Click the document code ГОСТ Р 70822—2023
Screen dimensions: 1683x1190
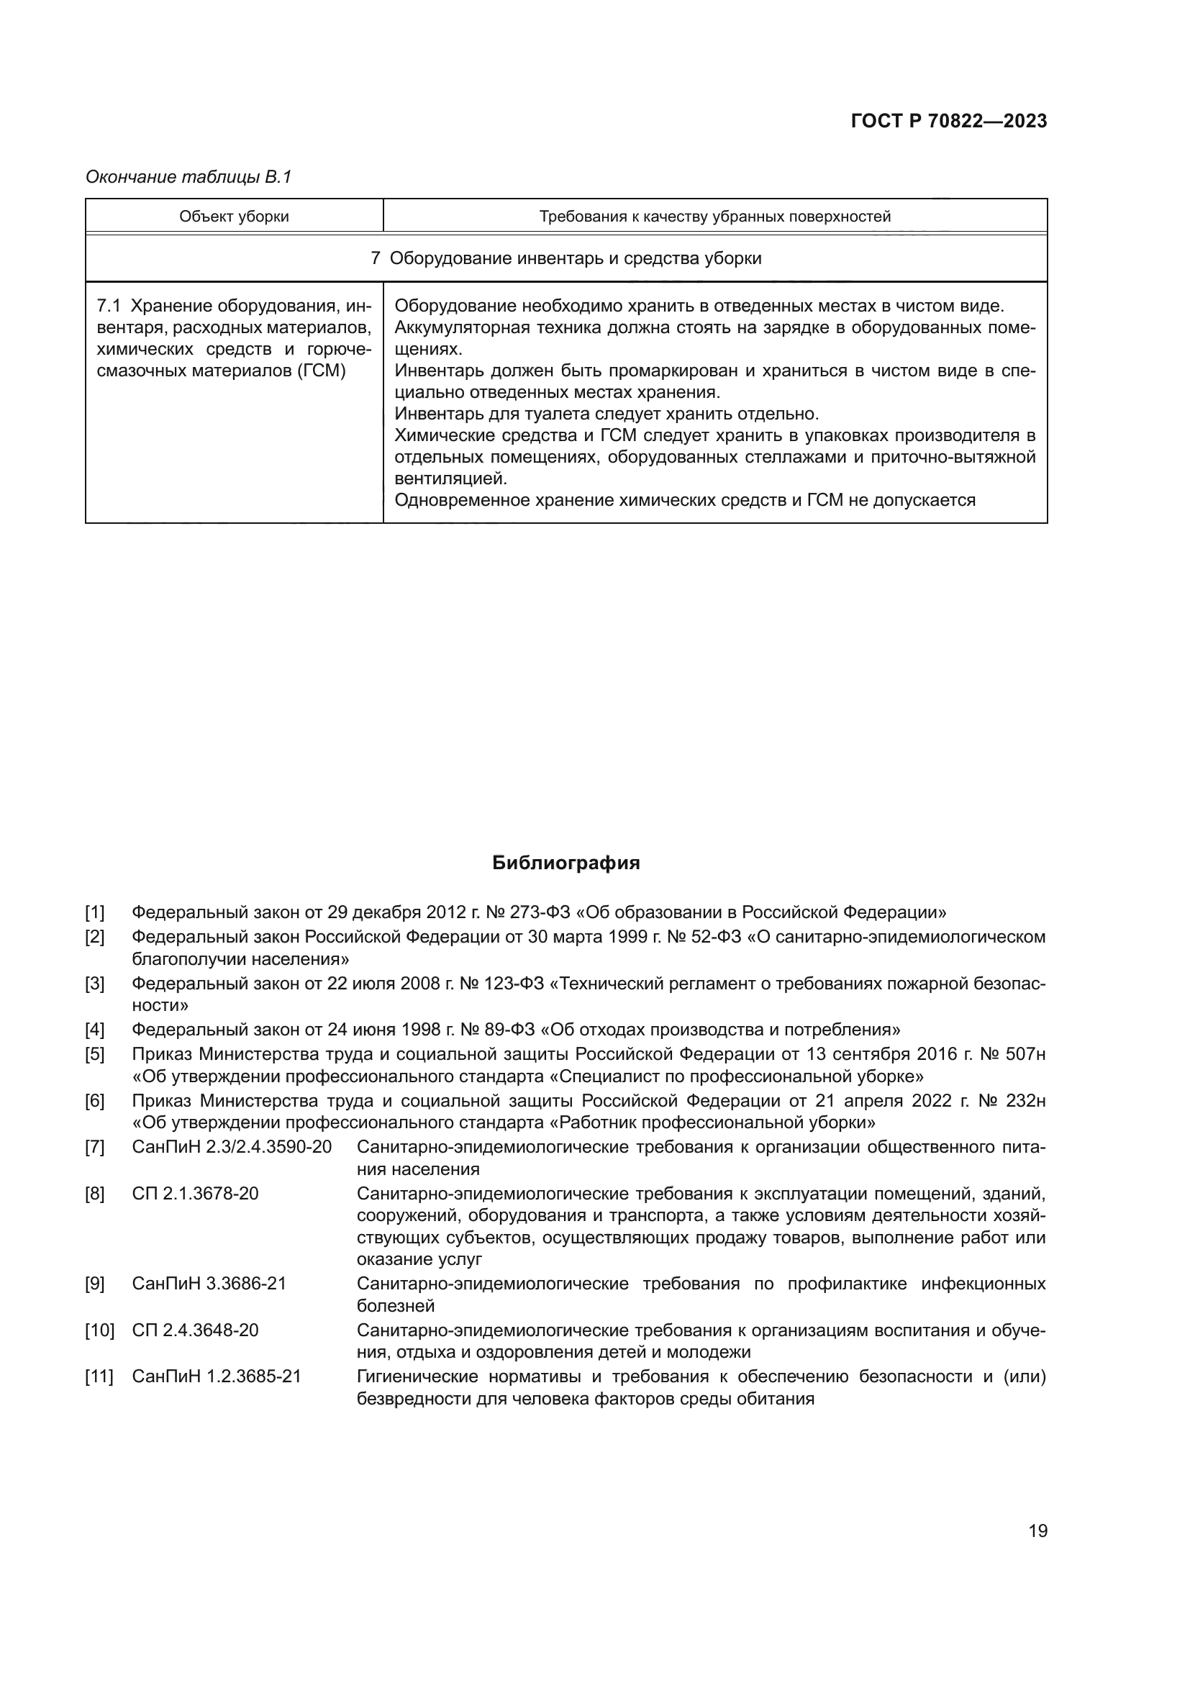(948, 121)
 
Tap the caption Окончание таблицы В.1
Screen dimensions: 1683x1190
(189, 177)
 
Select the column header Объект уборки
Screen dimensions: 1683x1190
(234, 217)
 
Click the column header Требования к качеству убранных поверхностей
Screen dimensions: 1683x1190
(714, 217)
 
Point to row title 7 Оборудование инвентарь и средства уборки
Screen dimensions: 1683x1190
(566, 258)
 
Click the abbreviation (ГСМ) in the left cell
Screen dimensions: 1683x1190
(321, 370)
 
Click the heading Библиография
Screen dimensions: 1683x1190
(566, 863)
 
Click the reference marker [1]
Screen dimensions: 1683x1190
(94, 912)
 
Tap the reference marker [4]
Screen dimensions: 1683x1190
(94, 1030)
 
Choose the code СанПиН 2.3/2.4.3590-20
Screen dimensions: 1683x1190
(232, 1147)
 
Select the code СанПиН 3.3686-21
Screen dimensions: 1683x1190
(209, 1284)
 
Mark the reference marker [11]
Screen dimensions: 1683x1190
(99, 1376)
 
